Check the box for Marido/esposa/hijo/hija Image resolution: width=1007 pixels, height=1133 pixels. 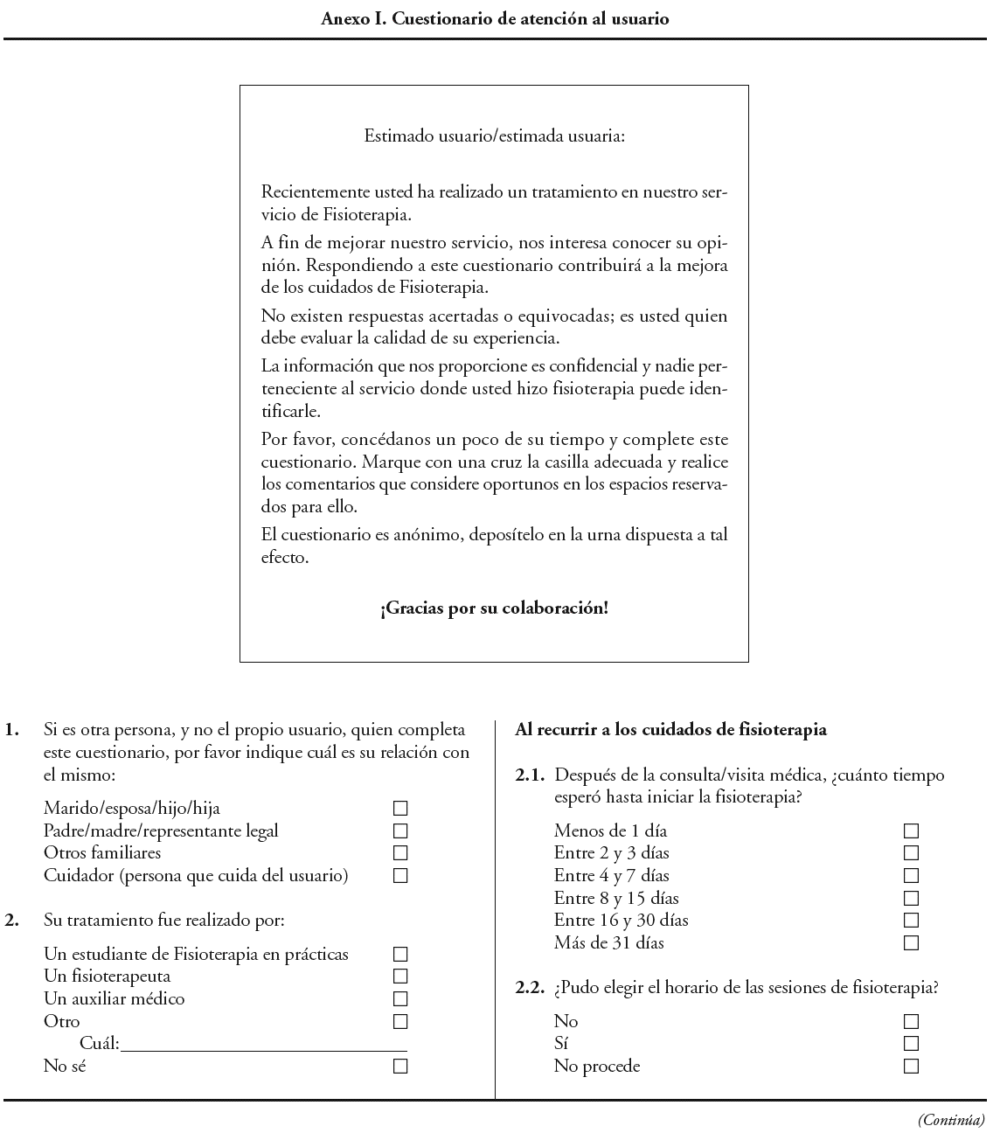(400, 809)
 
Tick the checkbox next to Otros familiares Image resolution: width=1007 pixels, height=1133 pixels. (400, 853)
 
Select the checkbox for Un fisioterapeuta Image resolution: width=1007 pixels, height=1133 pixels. (400, 977)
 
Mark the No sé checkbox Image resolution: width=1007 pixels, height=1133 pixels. (400, 1067)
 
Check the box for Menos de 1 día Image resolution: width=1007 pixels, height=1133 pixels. (911, 831)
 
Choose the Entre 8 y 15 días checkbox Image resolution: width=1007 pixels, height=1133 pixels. (911, 899)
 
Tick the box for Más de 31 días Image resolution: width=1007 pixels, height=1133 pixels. (911, 943)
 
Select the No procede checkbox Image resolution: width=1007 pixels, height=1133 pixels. (911, 1067)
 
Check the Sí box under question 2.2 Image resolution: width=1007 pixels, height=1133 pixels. (911, 1044)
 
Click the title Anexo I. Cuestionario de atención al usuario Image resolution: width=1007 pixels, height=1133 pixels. (495, 18)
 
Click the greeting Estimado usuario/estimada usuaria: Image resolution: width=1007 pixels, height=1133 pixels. (494, 136)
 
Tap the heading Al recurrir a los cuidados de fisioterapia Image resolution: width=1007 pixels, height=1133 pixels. (671, 730)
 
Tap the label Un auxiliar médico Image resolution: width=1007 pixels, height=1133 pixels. (115, 999)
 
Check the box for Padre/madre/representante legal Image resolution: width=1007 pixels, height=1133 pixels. (400, 831)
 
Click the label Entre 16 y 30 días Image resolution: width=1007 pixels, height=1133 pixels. (621, 921)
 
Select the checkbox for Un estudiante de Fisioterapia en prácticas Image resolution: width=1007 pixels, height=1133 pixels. (400, 955)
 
